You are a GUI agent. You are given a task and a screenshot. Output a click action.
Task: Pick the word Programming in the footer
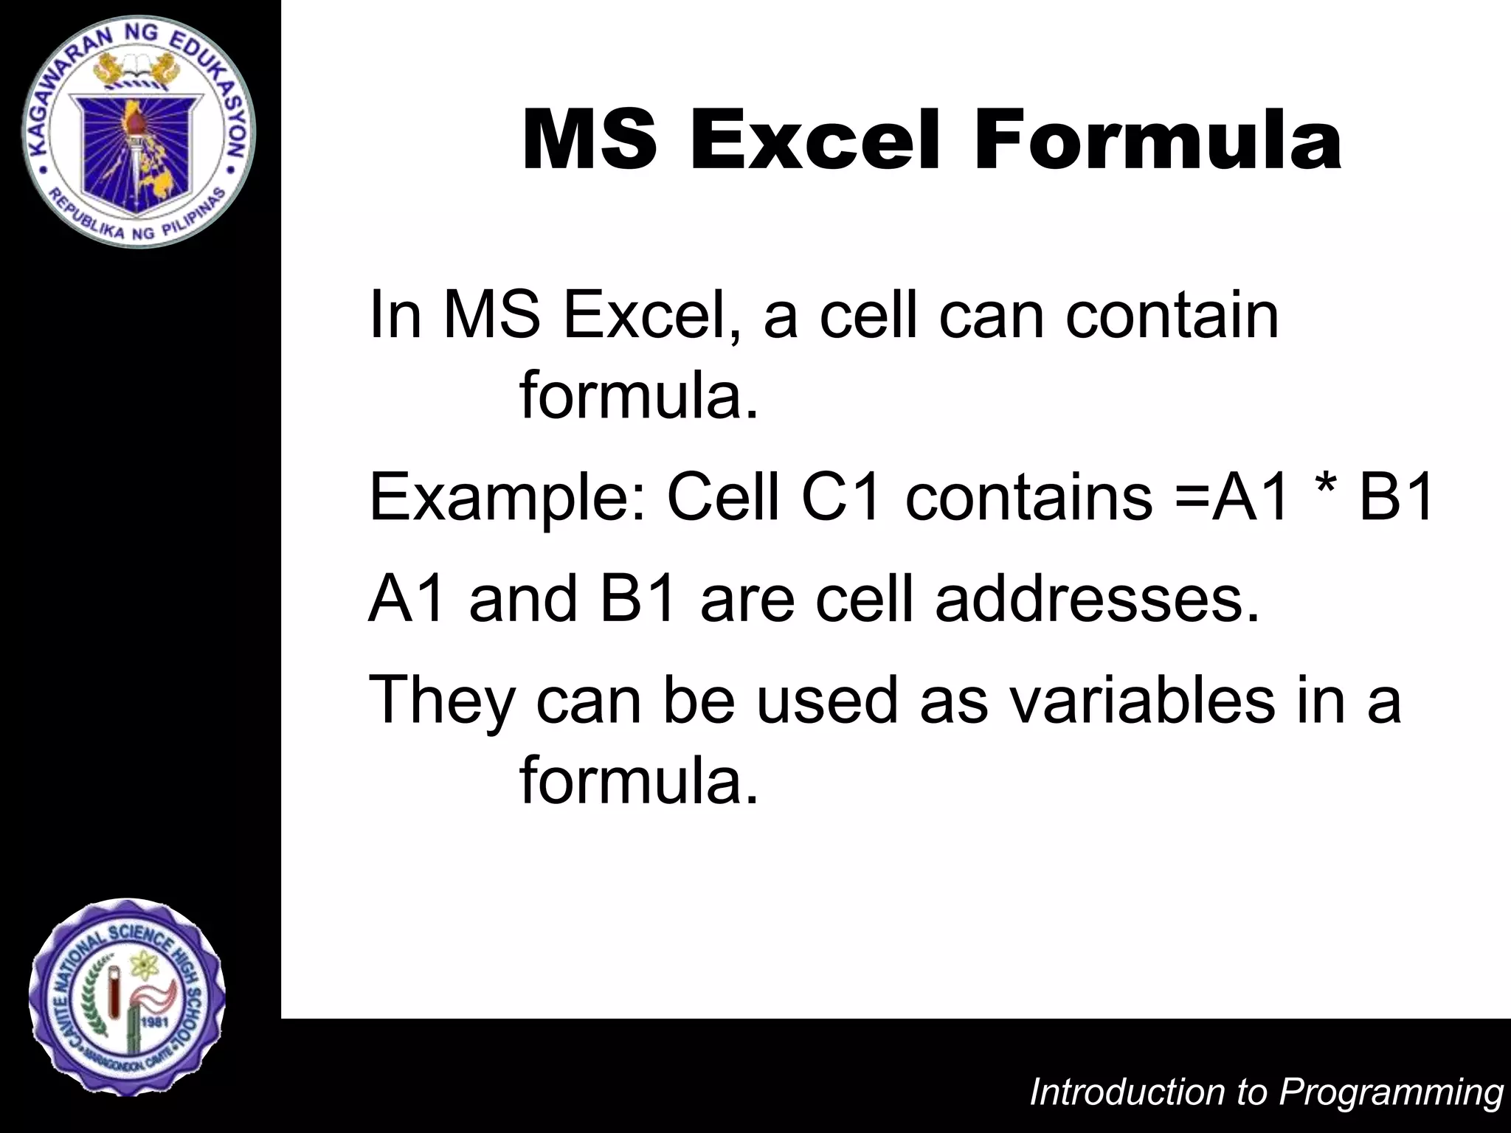1391,1092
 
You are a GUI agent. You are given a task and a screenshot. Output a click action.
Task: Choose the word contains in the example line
1029,497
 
